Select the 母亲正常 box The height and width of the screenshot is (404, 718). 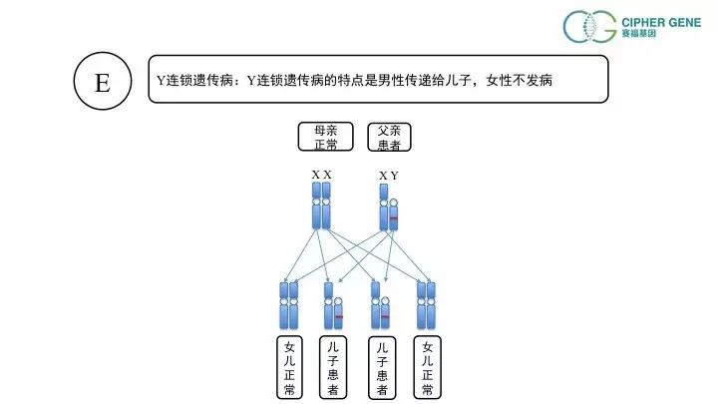tap(325, 137)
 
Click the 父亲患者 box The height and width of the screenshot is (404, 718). tap(389, 137)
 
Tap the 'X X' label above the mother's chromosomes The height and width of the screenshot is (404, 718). tap(321, 175)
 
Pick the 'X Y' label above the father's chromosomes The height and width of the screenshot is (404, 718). tap(389, 176)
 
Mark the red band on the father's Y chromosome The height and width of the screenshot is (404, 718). tap(394, 217)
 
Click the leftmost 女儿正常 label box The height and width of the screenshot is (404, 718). tap(288, 367)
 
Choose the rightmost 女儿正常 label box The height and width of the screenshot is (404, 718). tap(427, 367)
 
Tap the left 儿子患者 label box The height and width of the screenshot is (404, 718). tap(334, 367)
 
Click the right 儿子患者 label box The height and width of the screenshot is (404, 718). tap(381, 367)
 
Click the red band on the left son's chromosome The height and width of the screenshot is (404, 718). tap(339, 317)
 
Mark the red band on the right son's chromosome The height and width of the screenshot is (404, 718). tap(385, 317)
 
